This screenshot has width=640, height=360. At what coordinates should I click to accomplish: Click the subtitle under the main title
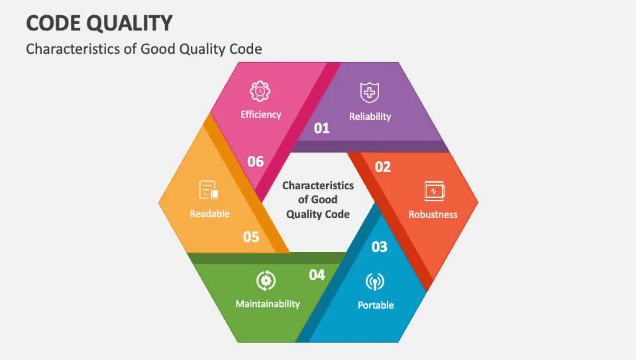[144, 49]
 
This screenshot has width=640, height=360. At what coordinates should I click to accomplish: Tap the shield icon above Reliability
[370, 92]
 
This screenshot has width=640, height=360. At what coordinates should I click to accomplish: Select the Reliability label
[370, 117]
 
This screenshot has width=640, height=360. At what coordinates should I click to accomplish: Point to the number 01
[322, 128]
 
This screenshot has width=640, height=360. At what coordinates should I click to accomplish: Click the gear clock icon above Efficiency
[260, 91]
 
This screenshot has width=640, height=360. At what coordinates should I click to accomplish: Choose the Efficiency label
[261, 114]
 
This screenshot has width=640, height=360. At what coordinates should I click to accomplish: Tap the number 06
[255, 162]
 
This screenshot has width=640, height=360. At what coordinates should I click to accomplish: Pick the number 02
[382, 167]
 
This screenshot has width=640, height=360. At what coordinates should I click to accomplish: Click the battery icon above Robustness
[434, 191]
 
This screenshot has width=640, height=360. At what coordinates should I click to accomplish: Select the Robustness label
[433, 214]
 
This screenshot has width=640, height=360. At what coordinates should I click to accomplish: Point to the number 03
[379, 247]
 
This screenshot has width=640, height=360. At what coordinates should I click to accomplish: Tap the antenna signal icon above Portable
[375, 282]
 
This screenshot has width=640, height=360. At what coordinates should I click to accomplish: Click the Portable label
[376, 305]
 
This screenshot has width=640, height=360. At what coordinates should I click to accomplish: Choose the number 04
[317, 275]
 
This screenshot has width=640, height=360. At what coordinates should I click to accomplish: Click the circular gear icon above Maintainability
[266, 281]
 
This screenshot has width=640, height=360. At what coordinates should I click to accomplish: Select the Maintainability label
[267, 304]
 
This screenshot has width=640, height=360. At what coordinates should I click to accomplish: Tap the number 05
[251, 237]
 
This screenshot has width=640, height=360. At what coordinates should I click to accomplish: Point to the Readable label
[209, 214]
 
